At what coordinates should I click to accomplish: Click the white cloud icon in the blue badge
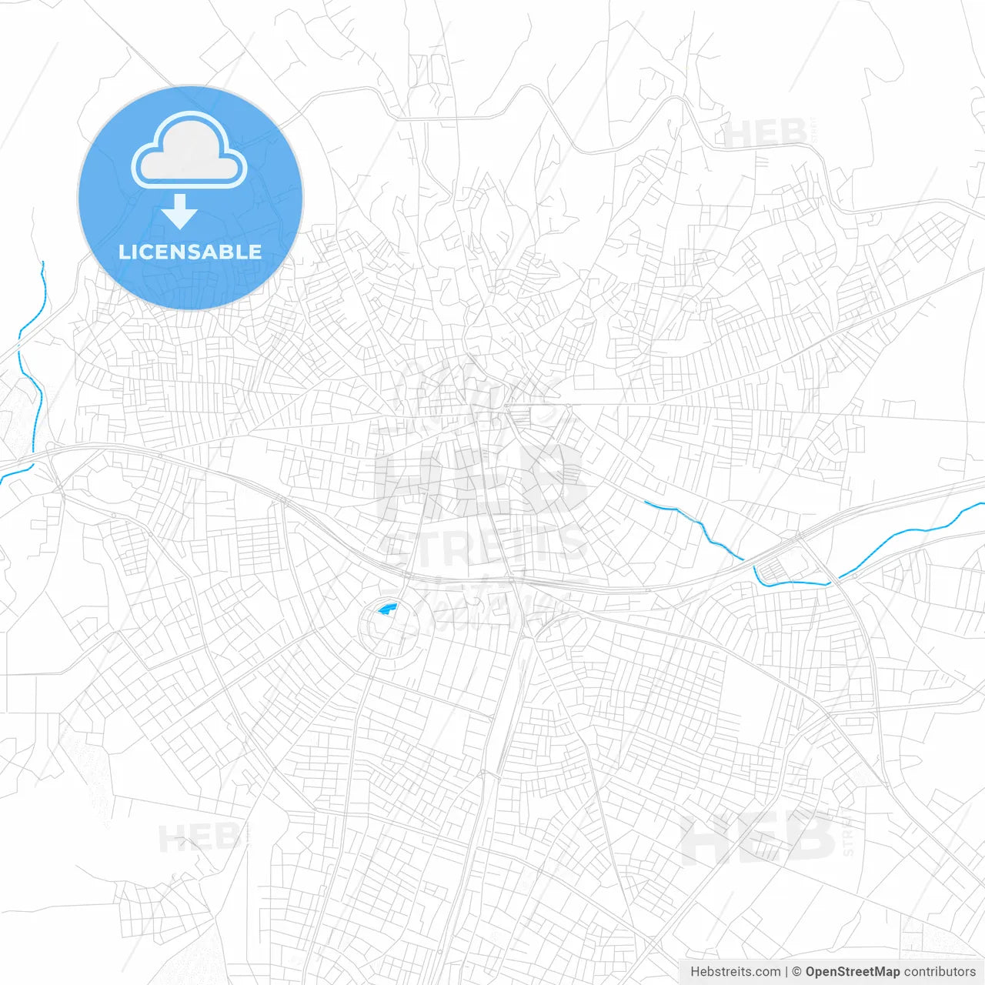(189, 151)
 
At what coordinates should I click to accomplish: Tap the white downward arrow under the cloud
(180, 212)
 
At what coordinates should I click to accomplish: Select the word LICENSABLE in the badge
(189, 252)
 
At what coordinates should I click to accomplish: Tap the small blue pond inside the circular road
(387, 609)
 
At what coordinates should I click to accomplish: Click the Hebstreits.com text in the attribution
(735, 972)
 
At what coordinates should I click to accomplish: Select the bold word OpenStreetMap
(852, 972)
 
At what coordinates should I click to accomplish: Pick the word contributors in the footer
(940, 972)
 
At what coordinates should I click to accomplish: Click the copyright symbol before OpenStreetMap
(796, 972)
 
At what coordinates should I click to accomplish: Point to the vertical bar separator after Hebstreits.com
(786, 972)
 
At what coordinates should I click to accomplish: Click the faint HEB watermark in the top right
(765, 134)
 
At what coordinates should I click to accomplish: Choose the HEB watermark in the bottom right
(758, 837)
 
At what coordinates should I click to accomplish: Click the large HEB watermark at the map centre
(481, 481)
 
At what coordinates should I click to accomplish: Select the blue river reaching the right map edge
(916, 531)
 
